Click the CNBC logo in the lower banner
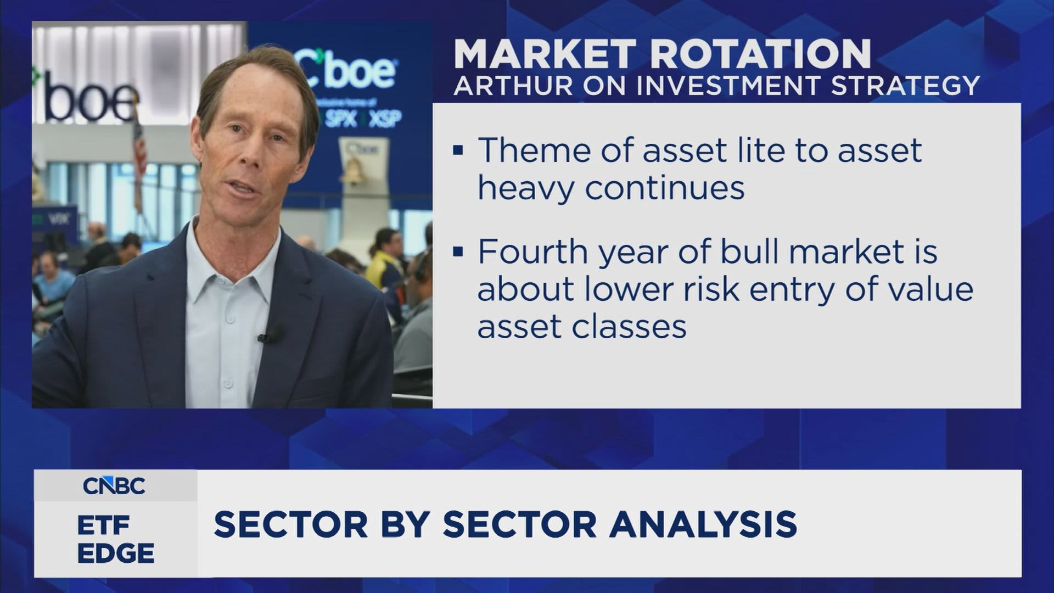pyautogui.click(x=114, y=486)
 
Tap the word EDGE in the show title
pyautogui.click(x=115, y=553)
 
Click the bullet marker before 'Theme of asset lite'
pyautogui.click(x=459, y=150)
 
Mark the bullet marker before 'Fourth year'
pyautogui.click(x=459, y=251)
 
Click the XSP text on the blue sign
pyautogui.click(x=385, y=119)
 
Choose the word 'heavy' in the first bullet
pyautogui.click(x=525, y=188)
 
